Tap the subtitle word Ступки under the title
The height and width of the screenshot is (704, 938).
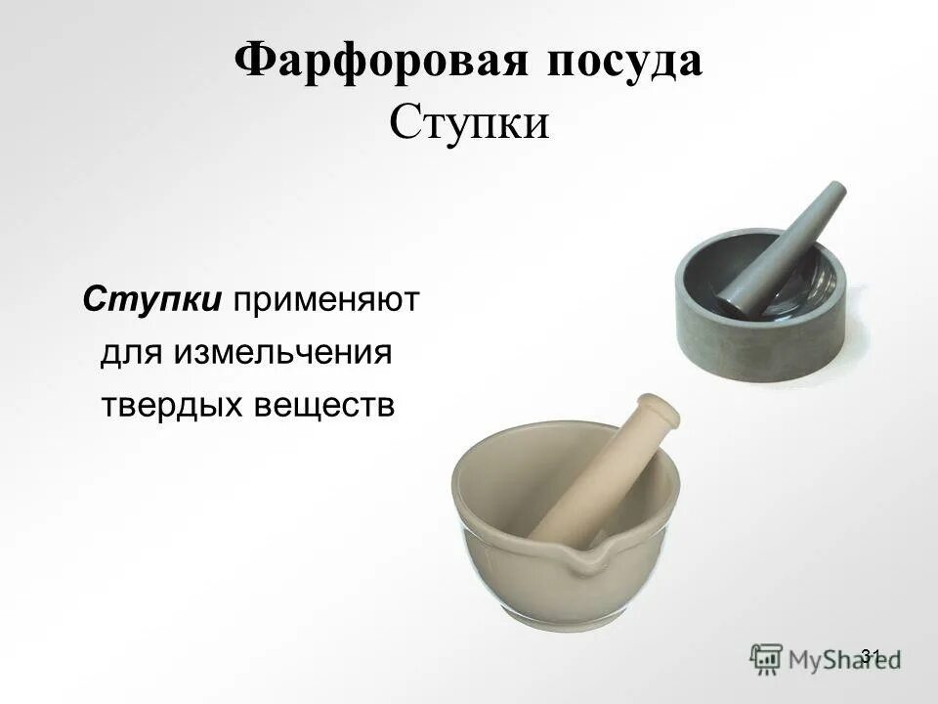point(469,125)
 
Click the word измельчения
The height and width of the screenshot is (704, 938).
point(283,352)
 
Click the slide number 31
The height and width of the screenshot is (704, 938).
point(873,654)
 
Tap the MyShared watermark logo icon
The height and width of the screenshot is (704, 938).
point(767,656)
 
